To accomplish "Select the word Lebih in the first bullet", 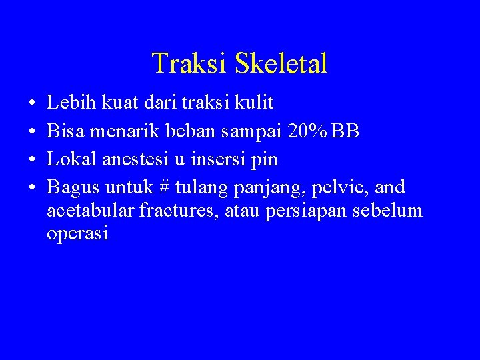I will pyautogui.click(x=70, y=103).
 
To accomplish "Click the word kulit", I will pyautogui.click(x=254, y=103).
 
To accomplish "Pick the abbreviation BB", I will pyautogui.click(x=346, y=132).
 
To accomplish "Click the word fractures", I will pyautogui.click(x=164, y=211).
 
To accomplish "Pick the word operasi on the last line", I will pyautogui.click(x=77, y=234).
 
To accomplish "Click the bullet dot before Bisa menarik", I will pyautogui.click(x=32, y=132).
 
